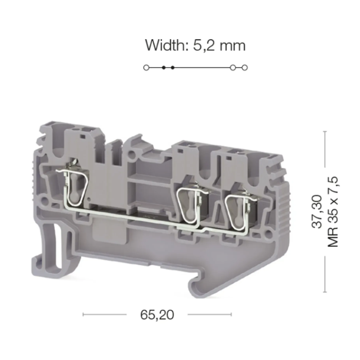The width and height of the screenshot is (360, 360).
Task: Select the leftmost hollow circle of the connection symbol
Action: tap(146, 67)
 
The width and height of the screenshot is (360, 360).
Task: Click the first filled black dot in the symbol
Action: tap(164, 67)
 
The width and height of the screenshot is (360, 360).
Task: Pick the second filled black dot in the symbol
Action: tap(173, 67)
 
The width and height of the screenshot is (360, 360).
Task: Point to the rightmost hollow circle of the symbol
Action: tap(245, 67)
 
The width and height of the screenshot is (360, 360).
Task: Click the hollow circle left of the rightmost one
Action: tap(233, 67)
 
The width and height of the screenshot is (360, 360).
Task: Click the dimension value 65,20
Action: tap(157, 315)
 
